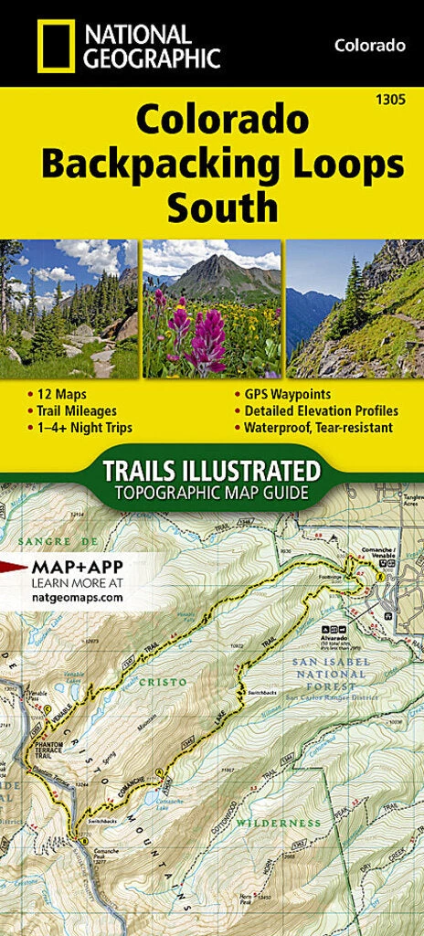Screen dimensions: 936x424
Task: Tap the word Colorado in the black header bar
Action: [x=369, y=45]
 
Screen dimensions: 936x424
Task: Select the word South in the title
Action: [x=221, y=208]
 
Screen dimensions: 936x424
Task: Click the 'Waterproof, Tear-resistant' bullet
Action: [x=318, y=427]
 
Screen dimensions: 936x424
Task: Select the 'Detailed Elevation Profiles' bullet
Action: [x=320, y=411]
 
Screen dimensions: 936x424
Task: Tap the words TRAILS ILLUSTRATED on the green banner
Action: [x=212, y=472]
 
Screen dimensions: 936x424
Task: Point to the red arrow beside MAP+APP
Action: [x=13, y=566]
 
